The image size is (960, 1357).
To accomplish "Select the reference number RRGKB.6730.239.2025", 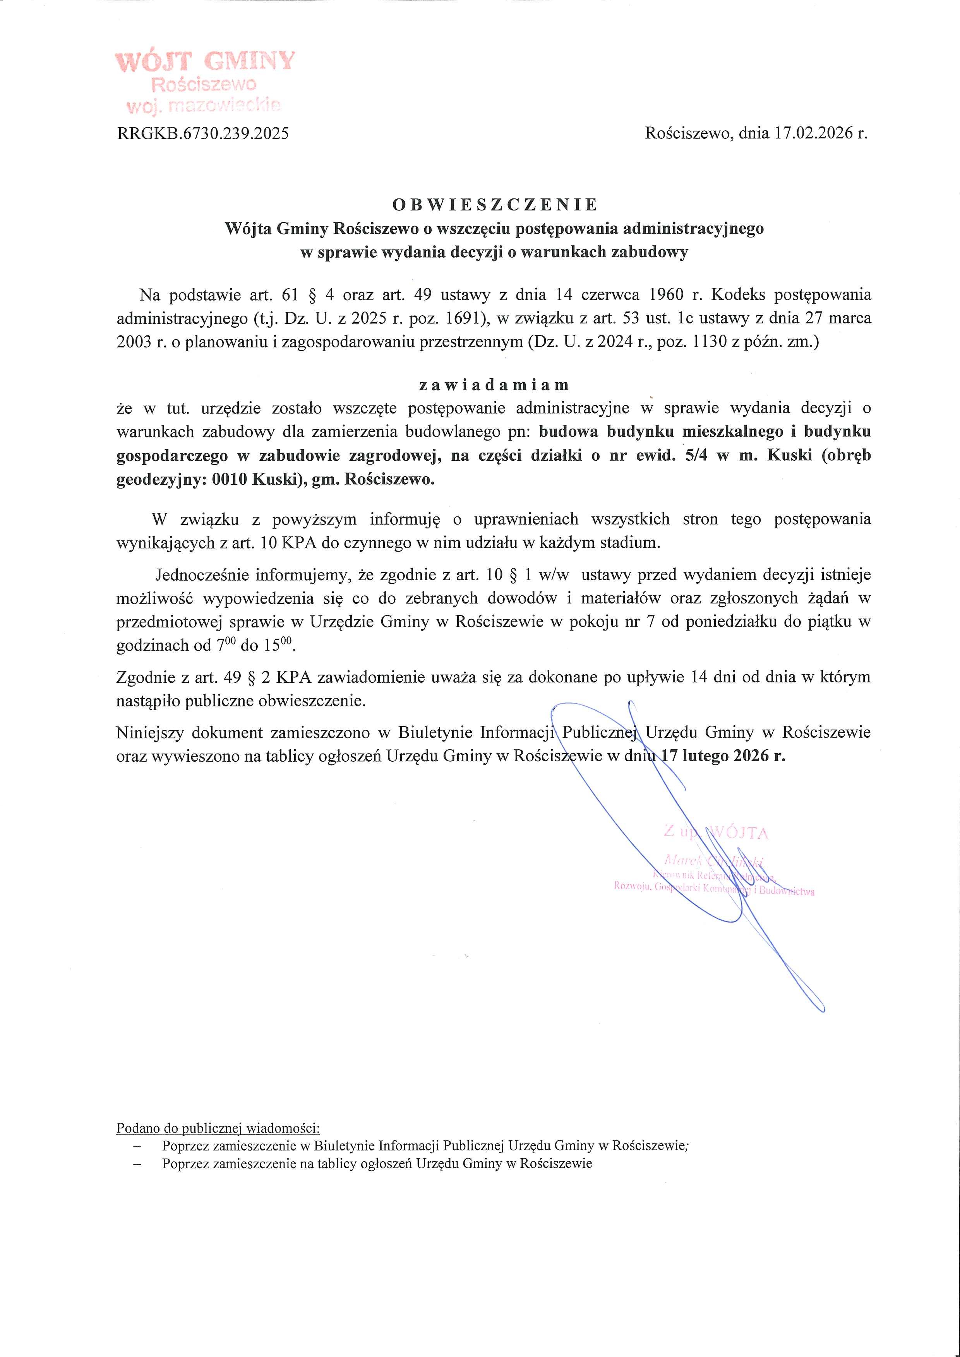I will pyautogui.click(x=203, y=133).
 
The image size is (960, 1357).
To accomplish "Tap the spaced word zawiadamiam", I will pyautogui.click(x=494, y=385).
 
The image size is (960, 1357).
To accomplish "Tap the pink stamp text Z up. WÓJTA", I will pyautogui.click(x=716, y=833).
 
